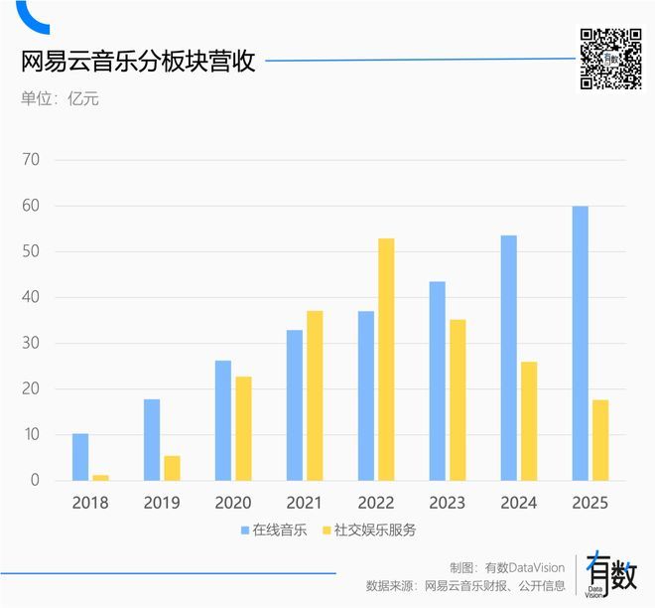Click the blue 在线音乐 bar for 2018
click(x=80, y=457)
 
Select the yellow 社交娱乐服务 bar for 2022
click(x=386, y=360)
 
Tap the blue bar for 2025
click(x=581, y=344)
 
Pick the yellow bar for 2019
click(x=172, y=468)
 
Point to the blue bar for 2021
click(x=295, y=405)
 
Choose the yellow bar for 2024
click(x=529, y=421)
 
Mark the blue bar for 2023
click(x=438, y=381)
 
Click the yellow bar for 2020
click(x=243, y=428)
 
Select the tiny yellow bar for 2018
click(x=100, y=478)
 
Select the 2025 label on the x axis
click(x=589, y=504)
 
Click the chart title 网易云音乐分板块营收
click(x=139, y=62)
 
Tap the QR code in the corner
click(x=610, y=59)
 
